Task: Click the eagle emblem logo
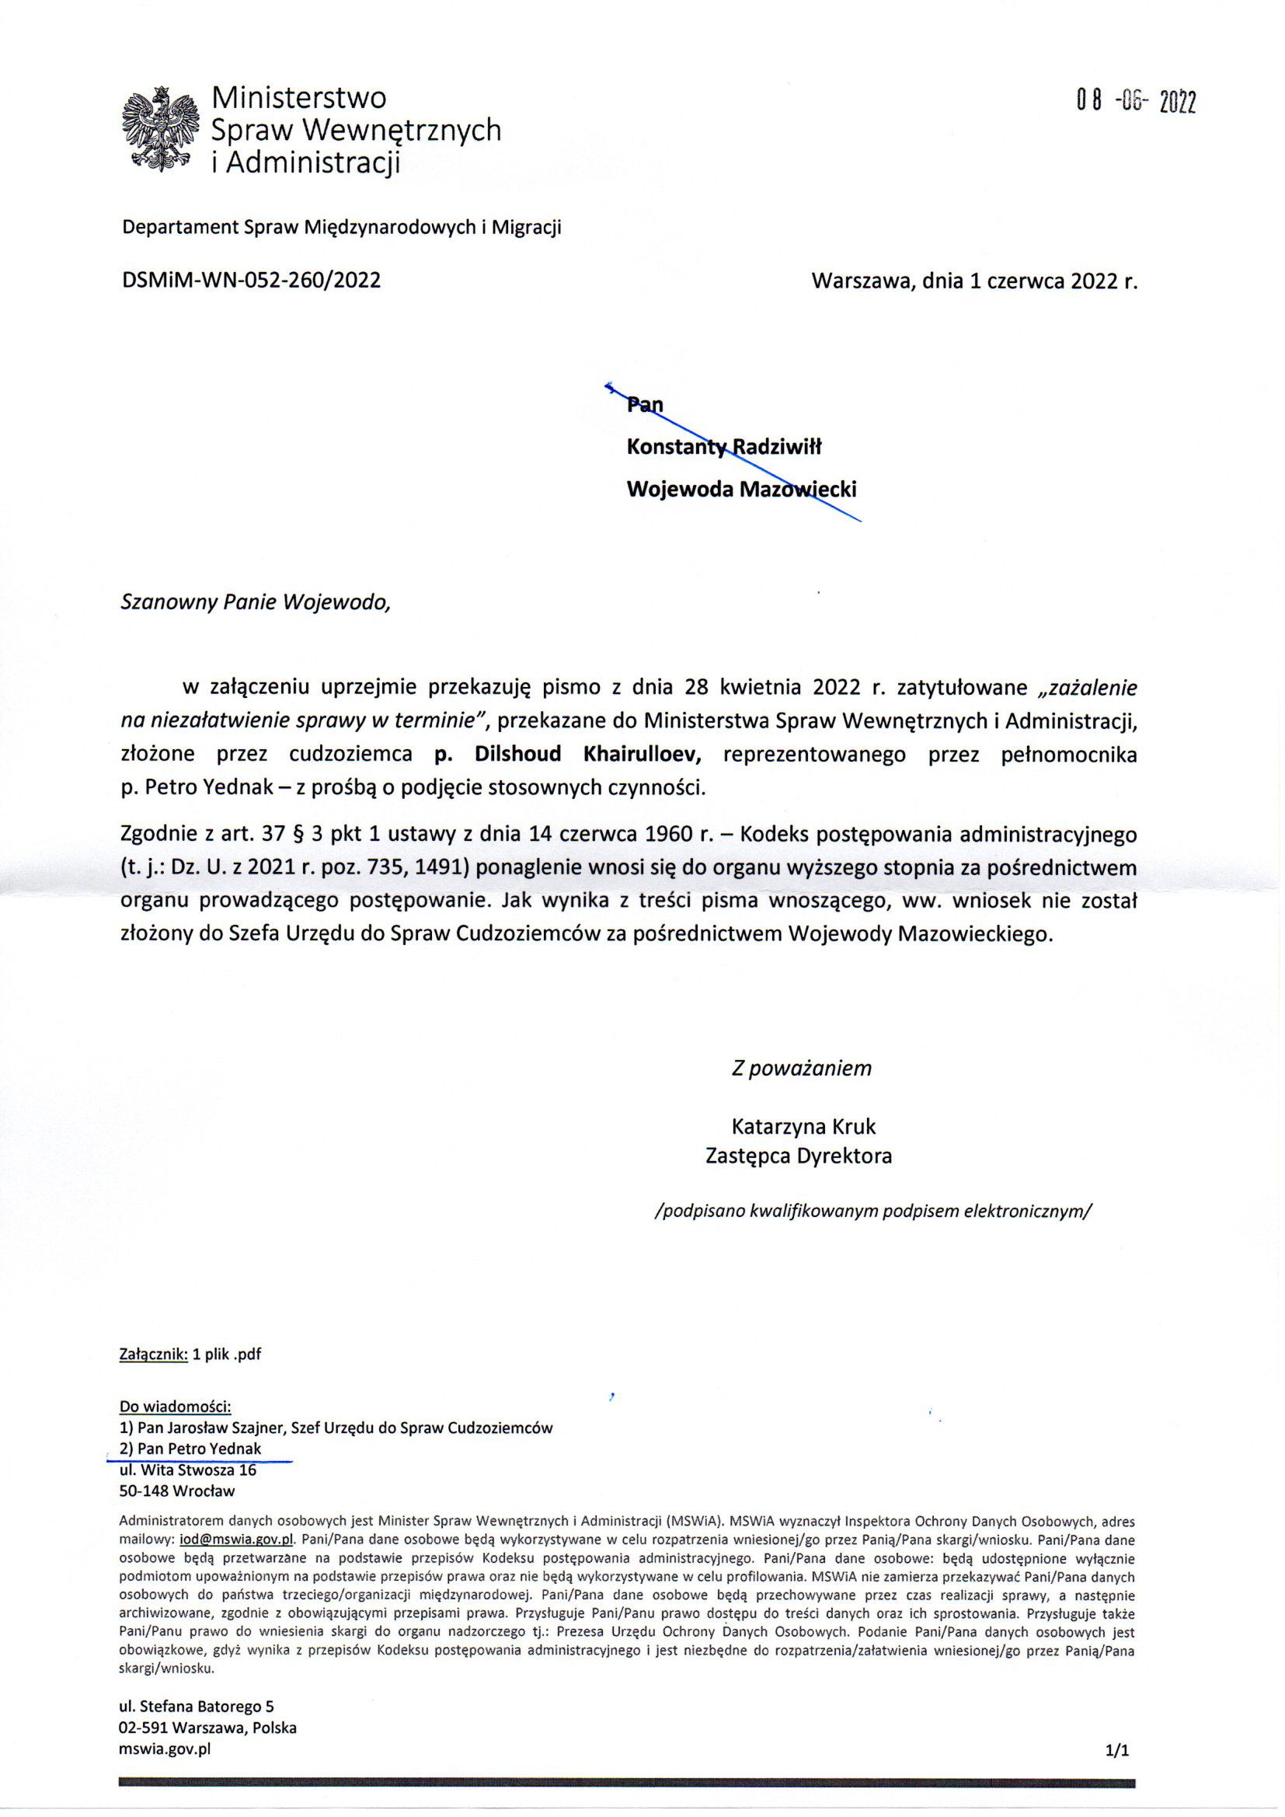coord(161,130)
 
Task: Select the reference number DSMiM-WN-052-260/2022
coord(251,280)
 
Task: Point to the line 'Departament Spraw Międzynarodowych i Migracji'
coord(341,228)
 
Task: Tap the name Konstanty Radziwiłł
coord(724,447)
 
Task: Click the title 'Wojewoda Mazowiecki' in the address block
coord(740,489)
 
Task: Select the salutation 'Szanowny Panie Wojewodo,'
coord(256,603)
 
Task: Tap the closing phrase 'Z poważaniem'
coord(801,1069)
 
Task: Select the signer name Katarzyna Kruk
coord(804,1126)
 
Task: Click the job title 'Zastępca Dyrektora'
coord(799,1156)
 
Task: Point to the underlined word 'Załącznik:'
coord(154,1354)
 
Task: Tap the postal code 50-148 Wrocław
coord(176,1491)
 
